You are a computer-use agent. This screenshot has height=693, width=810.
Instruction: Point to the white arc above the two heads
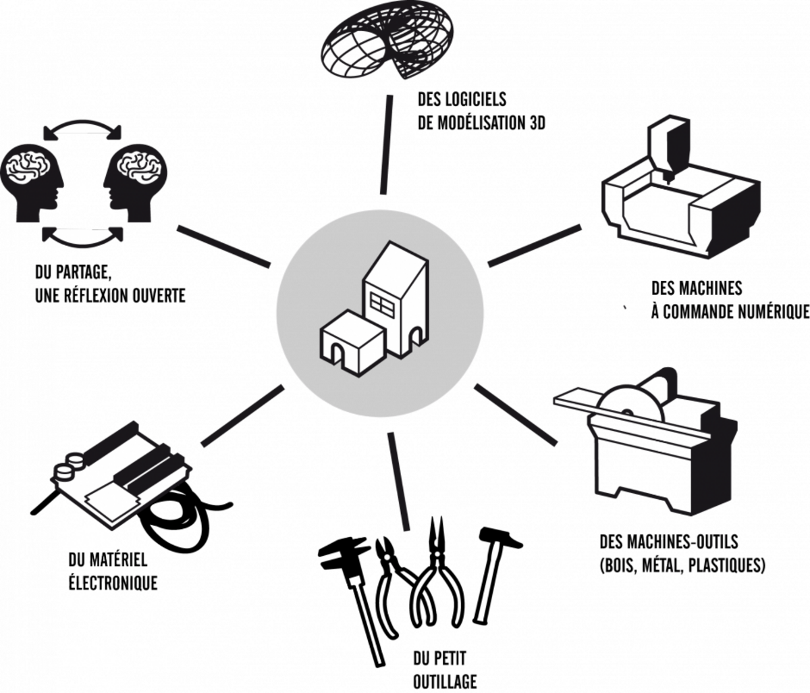(82, 129)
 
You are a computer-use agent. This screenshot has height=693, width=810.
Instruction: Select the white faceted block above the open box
(668, 144)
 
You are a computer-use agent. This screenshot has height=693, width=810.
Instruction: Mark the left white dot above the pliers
(389, 557)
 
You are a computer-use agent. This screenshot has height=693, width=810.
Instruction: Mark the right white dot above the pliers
(438, 555)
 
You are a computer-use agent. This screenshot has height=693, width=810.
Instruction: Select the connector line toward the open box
(533, 245)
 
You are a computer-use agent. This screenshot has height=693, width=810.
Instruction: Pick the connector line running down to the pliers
(399, 480)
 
